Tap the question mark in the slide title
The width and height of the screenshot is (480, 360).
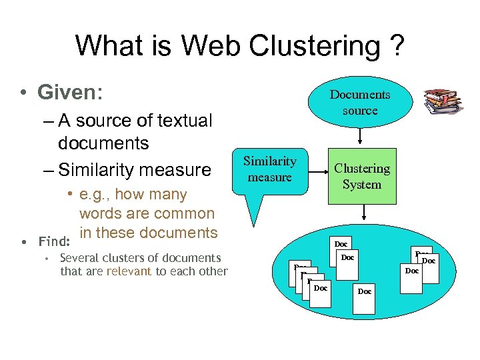395,46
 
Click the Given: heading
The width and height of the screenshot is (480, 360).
69,91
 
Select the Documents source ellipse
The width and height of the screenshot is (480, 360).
360,103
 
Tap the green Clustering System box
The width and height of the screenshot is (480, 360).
362,176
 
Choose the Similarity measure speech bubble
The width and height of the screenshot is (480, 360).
269,169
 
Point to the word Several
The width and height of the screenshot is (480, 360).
78,258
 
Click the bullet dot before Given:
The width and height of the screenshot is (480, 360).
23,93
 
